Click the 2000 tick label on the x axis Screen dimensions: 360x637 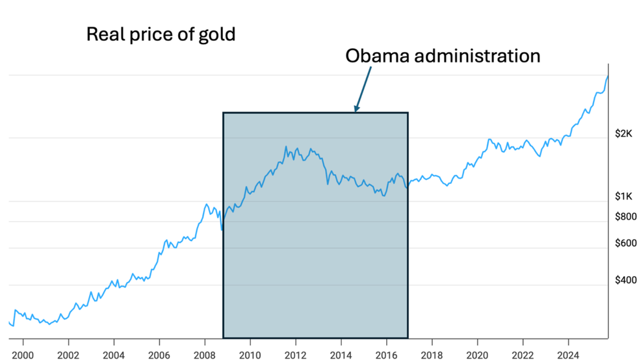[23, 354]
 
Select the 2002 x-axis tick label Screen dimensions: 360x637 [68, 354]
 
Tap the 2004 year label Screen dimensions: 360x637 [114, 354]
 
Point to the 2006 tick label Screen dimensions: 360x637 [159, 354]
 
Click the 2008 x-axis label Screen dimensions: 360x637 [205, 354]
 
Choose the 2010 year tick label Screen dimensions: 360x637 [250, 354]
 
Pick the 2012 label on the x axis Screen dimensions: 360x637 [296, 354]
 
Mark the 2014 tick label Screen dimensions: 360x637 [341, 354]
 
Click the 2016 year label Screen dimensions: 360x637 [387, 354]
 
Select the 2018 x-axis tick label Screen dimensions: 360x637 [432, 354]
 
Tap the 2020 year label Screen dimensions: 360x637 [478, 354]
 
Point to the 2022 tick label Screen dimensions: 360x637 [523, 354]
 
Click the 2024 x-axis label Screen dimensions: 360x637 [569, 354]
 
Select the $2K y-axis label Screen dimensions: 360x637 [623, 134]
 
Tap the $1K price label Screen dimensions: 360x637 [623, 196]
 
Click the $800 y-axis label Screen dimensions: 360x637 [625, 217]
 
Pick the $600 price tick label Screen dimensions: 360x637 [625, 243]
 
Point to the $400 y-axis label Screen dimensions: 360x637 [625, 280]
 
